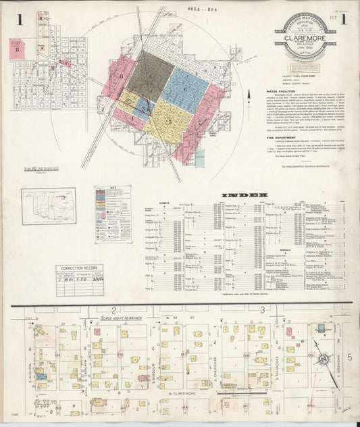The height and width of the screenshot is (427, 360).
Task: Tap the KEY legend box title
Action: tap(112, 208)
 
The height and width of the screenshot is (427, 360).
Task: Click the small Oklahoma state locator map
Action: tap(48, 206)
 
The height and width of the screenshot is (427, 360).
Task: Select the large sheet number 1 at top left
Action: tap(20, 20)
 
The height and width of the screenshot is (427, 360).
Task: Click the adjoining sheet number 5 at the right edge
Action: tap(350, 356)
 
